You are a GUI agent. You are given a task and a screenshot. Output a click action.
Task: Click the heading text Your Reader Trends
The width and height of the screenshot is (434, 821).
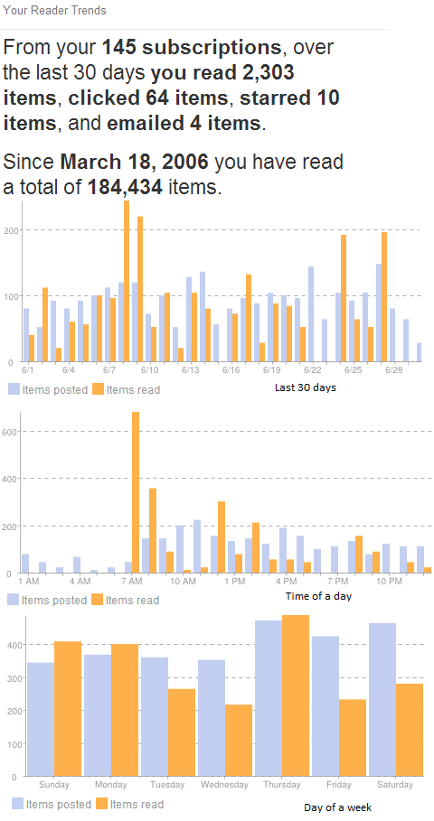click(55, 11)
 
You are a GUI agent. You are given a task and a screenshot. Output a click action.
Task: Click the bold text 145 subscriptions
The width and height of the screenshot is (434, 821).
click(192, 48)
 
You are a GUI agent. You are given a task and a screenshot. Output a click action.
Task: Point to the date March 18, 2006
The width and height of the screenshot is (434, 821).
click(134, 163)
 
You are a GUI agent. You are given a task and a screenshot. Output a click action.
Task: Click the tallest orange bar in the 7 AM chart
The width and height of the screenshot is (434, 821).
click(136, 492)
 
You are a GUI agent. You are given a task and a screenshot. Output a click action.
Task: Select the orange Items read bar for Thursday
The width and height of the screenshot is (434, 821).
click(296, 695)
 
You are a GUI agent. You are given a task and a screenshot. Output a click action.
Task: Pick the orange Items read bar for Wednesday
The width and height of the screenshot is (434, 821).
click(239, 740)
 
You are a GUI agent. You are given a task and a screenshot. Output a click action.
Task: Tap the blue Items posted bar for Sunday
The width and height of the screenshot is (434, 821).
click(41, 719)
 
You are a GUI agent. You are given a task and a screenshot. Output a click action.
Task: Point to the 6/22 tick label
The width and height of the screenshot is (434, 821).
click(313, 370)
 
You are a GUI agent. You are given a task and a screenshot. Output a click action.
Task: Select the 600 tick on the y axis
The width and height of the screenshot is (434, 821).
click(10, 431)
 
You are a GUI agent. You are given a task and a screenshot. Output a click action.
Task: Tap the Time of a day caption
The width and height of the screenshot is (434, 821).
click(317, 596)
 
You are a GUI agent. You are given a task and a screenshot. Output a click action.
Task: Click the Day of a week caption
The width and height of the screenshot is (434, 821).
click(337, 807)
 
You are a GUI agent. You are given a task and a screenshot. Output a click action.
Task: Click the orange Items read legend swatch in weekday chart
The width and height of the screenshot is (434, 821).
click(101, 804)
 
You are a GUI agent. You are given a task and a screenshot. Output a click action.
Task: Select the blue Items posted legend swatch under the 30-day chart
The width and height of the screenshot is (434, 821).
click(14, 389)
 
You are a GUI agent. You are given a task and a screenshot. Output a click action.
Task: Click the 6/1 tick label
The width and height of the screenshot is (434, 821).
click(27, 370)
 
